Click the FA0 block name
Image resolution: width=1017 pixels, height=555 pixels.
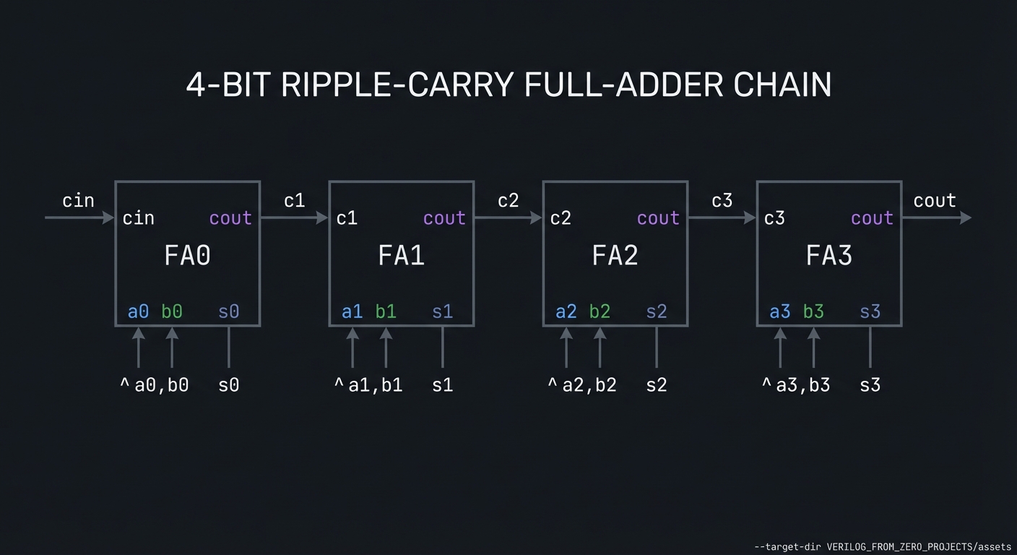tap(187, 255)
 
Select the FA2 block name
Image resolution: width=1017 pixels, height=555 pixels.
tap(615, 255)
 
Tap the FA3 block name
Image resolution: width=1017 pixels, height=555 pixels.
tap(828, 255)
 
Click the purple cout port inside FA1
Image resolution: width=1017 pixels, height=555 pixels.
tap(444, 218)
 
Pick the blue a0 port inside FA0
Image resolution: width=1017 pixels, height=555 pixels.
tap(138, 311)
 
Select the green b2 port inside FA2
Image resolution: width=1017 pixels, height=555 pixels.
tap(600, 311)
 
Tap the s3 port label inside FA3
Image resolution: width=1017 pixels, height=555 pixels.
tap(870, 311)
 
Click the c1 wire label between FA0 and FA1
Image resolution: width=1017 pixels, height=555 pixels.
tap(294, 201)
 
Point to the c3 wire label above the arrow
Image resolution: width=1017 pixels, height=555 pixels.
tap(722, 201)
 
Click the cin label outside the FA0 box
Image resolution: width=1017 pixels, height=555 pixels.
tap(78, 200)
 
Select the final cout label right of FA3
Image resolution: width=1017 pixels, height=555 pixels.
tap(935, 200)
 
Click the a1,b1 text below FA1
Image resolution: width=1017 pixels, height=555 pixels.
tap(375, 385)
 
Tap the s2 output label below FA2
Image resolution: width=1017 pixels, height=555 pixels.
tap(656, 385)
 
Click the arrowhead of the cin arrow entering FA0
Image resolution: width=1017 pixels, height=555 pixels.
tap(110, 218)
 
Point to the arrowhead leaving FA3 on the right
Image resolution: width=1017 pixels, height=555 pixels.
tap(966, 218)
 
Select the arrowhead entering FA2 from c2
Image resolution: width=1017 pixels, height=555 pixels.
tap(537, 218)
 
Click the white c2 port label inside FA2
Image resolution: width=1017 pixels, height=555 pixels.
tap(561, 218)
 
